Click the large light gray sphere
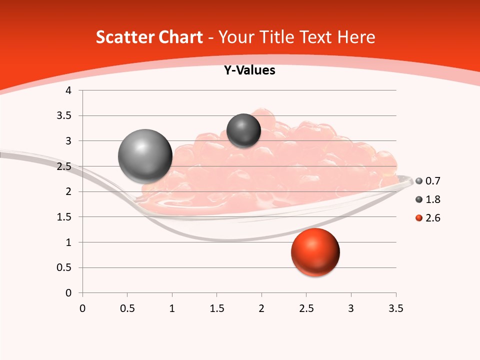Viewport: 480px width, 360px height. click(x=145, y=156)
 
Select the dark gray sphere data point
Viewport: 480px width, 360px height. click(x=243, y=130)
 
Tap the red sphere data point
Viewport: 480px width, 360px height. click(x=315, y=252)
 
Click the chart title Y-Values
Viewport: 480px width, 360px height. click(x=249, y=70)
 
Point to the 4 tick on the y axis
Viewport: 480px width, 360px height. click(x=69, y=90)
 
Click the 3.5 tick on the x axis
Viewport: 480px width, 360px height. click(x=395, y=308)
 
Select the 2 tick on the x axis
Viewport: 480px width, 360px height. click(x=261, y=308)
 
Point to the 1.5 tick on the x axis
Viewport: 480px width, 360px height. click(x=216, y=308)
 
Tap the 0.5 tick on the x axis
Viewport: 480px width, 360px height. click(x=127, y=308)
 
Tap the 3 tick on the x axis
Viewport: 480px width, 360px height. click(x=351, y=308)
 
